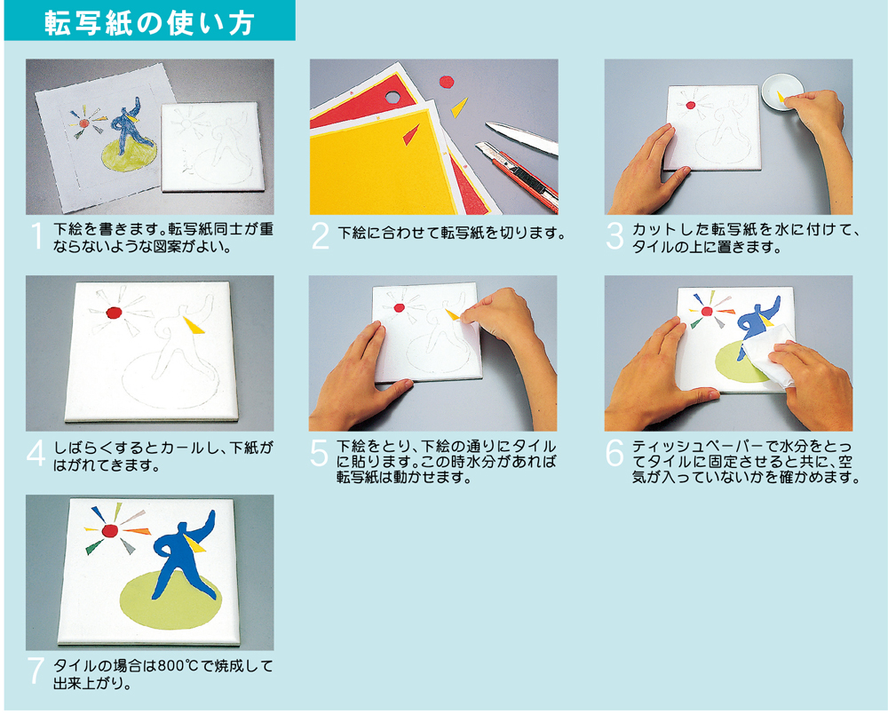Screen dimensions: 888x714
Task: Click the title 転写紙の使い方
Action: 149,23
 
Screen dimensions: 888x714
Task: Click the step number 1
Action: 37,236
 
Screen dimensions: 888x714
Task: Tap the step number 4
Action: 36,454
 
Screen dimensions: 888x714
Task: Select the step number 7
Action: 36,670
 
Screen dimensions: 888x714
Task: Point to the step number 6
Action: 614,453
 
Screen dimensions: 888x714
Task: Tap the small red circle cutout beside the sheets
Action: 448,82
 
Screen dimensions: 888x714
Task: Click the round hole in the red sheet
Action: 392,97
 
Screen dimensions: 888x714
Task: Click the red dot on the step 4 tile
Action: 114,313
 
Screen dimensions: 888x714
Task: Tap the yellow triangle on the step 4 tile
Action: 194,325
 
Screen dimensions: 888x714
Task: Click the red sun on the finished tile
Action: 110,530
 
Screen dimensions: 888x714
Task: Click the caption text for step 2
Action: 451,233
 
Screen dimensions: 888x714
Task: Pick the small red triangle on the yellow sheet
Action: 410,135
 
